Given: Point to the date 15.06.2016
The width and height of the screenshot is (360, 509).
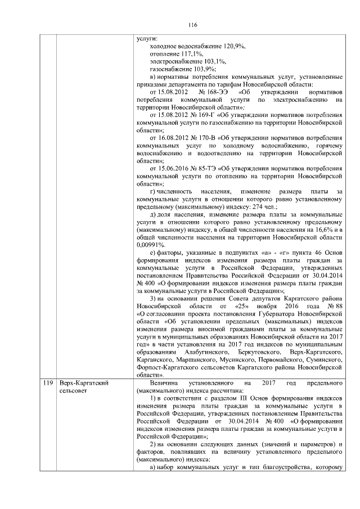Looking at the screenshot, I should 168,168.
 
